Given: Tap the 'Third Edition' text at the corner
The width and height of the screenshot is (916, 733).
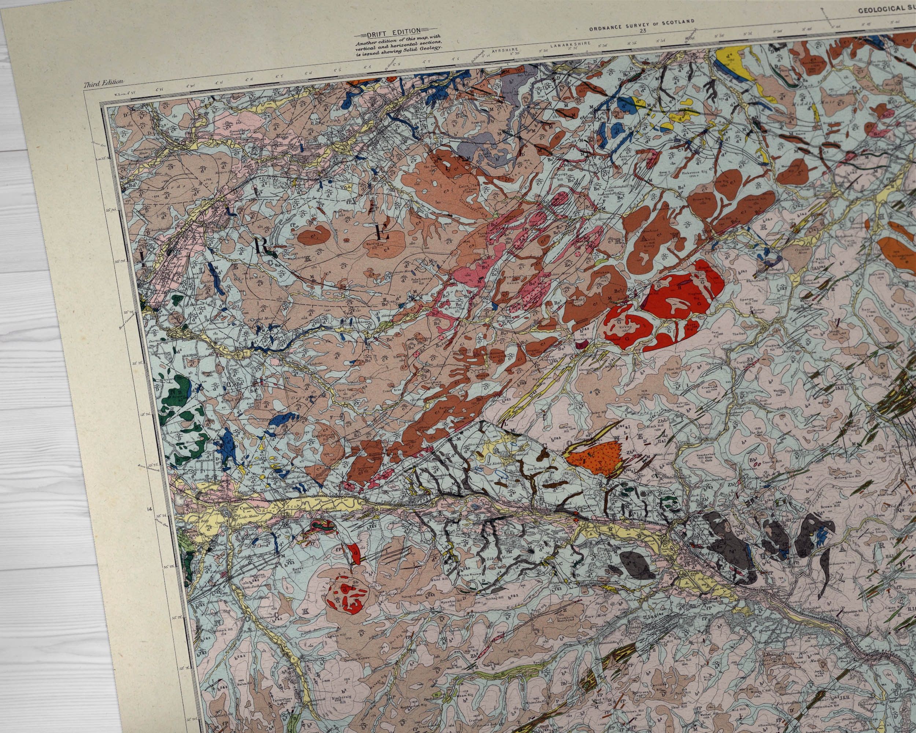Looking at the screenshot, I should click(104, 83).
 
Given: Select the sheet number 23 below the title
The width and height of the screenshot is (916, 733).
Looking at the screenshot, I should click(642, 31).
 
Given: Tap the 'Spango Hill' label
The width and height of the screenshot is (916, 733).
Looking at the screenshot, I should click(746, 301).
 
